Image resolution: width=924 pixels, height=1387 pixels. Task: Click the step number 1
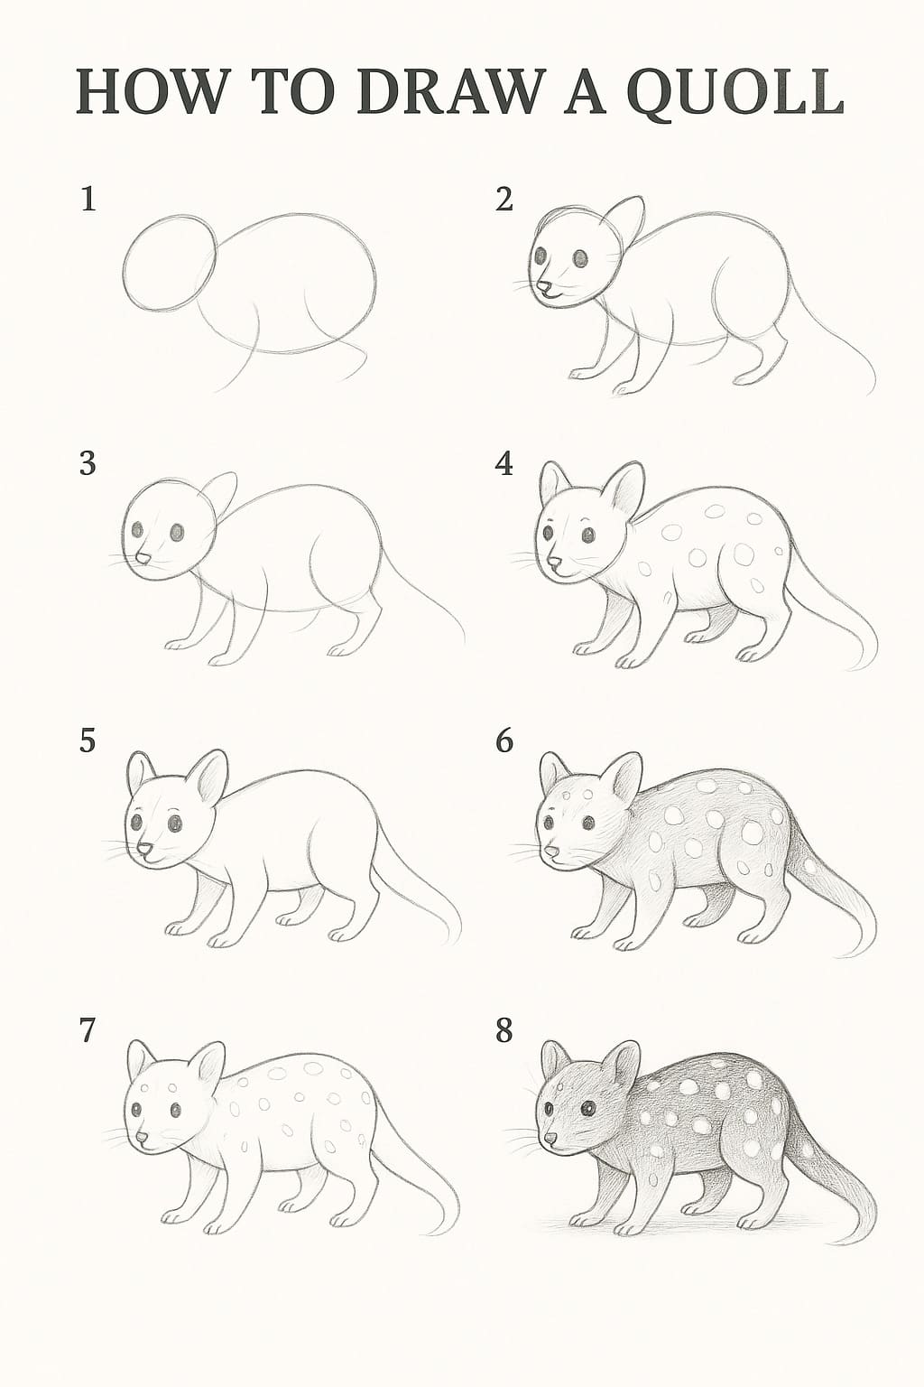tap(88, 199)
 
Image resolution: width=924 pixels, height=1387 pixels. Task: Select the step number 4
tap(504, 464)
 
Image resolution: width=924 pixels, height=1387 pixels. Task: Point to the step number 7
tap(88, 1030)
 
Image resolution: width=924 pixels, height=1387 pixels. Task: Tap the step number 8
tap(504, 1030)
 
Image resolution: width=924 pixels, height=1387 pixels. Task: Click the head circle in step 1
tap(171, 263)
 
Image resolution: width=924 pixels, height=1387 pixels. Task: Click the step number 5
tap(88, 741)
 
